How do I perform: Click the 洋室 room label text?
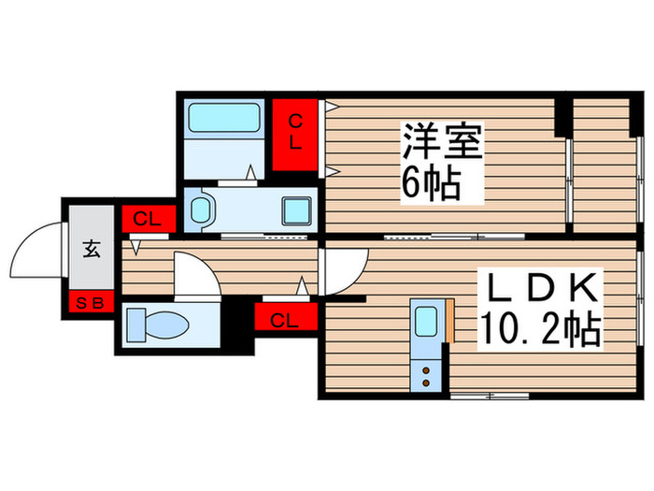(x=442, y=145)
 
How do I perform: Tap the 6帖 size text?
(x=431, y=184)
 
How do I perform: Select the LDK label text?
(x=539, y=287)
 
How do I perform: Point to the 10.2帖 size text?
(x=540, y=328)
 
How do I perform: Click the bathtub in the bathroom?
(x=224, y=118)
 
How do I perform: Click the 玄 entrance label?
(x=92, y=250)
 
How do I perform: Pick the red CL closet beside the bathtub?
(x=294, y=135)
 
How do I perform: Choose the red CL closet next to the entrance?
(x=148, y=220)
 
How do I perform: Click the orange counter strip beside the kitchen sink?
(x=448, y=324)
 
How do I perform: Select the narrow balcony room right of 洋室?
(x=604, y=163)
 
